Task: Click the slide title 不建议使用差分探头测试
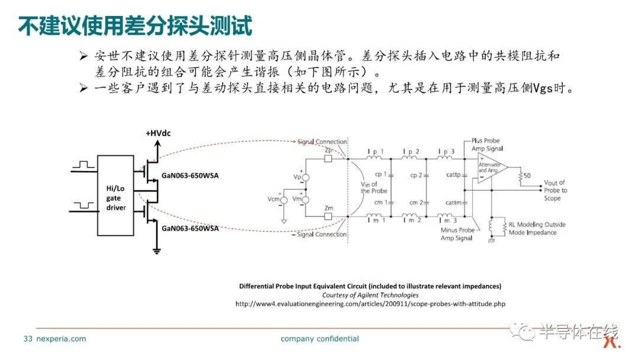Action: click(x=135, y=26)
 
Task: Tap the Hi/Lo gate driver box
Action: click(x=115, y=195)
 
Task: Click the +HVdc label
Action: click(x=158, y=133)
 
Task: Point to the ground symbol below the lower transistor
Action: click(x=156, y=250)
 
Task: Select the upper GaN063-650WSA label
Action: click(x=190, y=176)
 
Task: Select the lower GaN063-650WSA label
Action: click(x=190, y=229)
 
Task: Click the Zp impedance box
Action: click(x=328, y=159)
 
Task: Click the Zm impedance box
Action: click(x=328, y=216)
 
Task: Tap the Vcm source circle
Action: click(x=284, y=200)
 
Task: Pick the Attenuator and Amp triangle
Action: click(x=492, y=167)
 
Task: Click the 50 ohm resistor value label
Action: click(x=527, y=176)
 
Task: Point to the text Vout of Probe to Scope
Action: click(x=555, y=191)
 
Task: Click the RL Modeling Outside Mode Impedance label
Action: click(x=537, y=229)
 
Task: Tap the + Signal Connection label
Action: click(x=320, y=142)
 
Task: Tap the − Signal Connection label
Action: click(x=320, y=234)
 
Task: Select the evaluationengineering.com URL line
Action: click(x=370, y=304)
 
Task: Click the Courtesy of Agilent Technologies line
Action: click(x=370, y=295)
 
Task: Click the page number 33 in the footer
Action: click(x=28, y=339)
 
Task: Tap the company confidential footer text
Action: click(x=319, y=339)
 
